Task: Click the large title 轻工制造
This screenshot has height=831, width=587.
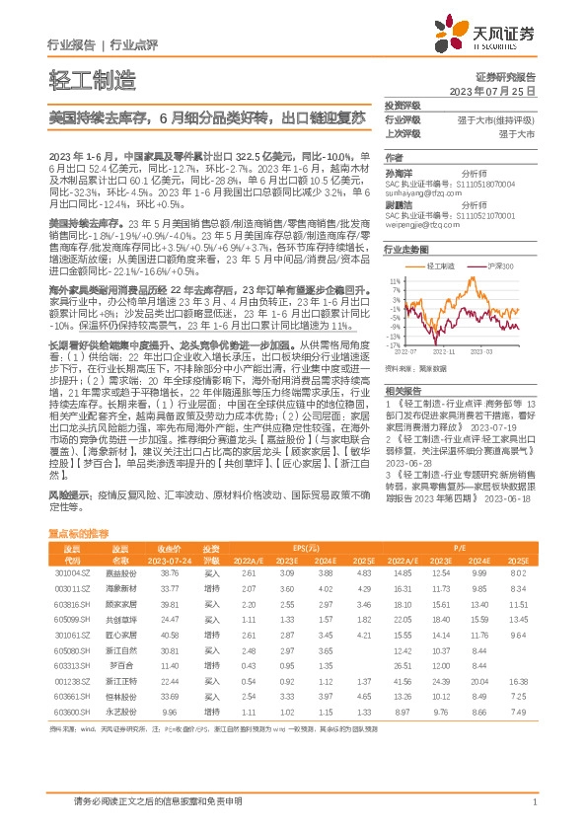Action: click(87, 79)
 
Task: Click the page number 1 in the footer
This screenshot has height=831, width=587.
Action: click(534, 802)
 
